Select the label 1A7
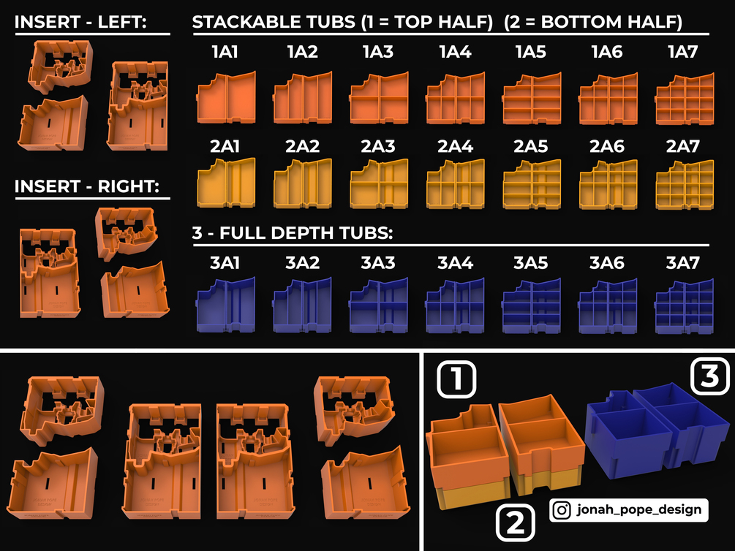pos(683,52)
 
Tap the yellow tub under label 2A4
pos(456,183)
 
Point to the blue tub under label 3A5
pos(532,306)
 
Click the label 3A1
pos(225,263)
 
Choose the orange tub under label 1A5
pos(532,99)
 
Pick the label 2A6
pos(607,147)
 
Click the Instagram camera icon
pos(562,510)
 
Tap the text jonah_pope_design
pos(639,509)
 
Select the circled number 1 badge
pos(456,379)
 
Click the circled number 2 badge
pos(515,522)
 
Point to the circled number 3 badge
pos(710,376)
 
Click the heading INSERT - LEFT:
pos(80,22)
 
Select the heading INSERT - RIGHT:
pos(87,186)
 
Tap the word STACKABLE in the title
pos(244,22)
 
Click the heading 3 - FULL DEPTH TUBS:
pos(293,233)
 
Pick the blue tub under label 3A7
pos(685,306)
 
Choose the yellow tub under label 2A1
pos(227,183)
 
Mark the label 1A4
pos(456,52)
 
